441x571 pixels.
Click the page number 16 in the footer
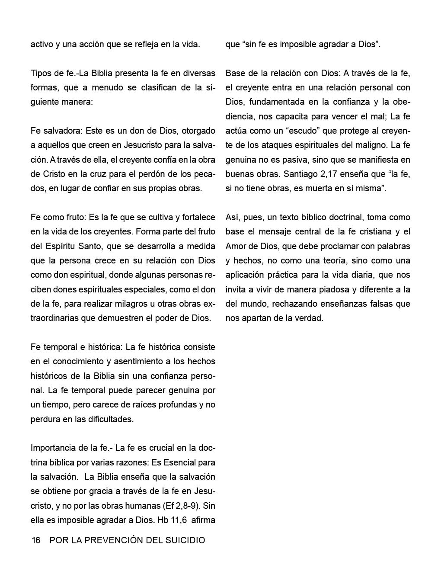coord(35,540)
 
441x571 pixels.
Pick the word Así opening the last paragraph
coord(233,217)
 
